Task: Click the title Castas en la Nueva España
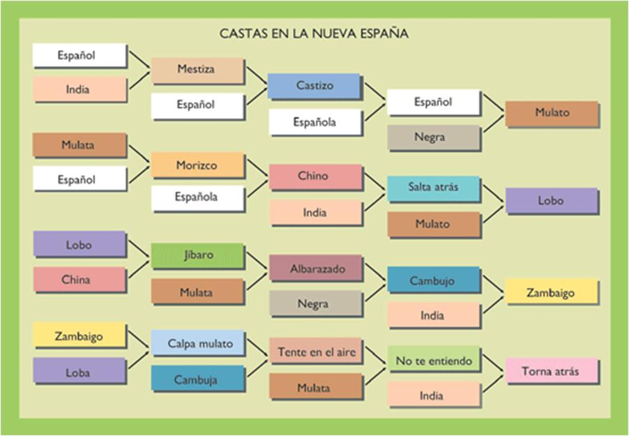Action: pyautogui.click(x=314, y=33)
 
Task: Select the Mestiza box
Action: pyautogui.click(x=197, y=70)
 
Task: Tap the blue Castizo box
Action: pyautogui.click(x=314, y=86)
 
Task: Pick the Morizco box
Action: pyautogui.click(x=197, y=166)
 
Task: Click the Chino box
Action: pyautogui.click(x=314, y=176)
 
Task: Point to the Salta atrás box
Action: pyautogui.click(x=433, y=188)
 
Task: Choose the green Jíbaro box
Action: pyautogui.click(x=197, y=255)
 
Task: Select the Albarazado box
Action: pyautogui.click(x=317, y=268)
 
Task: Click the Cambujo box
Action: pyautogui.click(x=433, y=280)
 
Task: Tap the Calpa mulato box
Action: pyautogui.click(x=197, y=343)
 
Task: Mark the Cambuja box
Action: pyautogui.click(x=197, y=380)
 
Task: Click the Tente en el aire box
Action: pyautogui.click(x=317, y=352)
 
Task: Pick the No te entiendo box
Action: pyautogui.click(x=434, y=361)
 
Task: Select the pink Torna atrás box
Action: pyautogui.click(x=551, y=371)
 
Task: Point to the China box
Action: pyautogui.click(x=78, y=280)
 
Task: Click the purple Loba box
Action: pyautogui.click(x=78, y=373)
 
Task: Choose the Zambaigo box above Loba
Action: pyautogui.click(x=78, y=336)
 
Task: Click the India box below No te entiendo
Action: pyautogui.click(x=433, y=396)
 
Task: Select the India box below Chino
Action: pyautogui.click(x=314, y=213)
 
